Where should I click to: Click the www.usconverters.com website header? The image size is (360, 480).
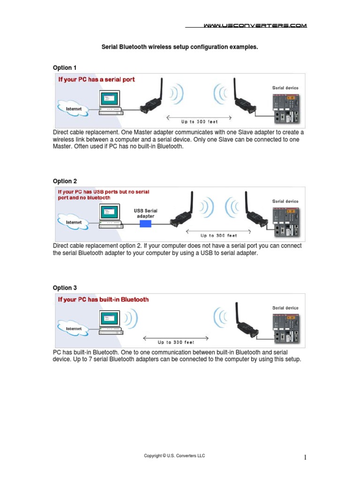pos(255,26)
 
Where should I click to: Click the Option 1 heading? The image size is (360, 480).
pos(65,67)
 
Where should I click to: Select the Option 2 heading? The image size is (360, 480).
pos(65,181)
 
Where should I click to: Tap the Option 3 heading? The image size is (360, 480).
pos(65,288)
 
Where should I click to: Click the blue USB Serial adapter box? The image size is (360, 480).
pos(146,225)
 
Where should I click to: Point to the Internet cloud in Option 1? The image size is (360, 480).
pos(74,109)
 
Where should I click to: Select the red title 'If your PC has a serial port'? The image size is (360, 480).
pos(96,80)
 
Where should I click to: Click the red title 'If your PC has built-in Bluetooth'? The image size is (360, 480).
pos(103,300)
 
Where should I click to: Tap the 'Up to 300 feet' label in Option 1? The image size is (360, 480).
pos(200,122)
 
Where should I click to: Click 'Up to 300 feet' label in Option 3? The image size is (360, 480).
pos(176,342)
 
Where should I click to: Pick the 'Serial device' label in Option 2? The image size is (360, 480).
pos(285,202)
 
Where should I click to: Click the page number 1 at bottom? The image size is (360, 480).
pos(305,457)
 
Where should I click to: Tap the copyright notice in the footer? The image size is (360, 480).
pos(174,456)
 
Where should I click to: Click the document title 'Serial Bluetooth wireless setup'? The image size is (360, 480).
pos(180,47)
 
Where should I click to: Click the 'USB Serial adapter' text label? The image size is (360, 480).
pos(146,213)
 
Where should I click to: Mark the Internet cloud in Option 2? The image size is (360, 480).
pos(74,222)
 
